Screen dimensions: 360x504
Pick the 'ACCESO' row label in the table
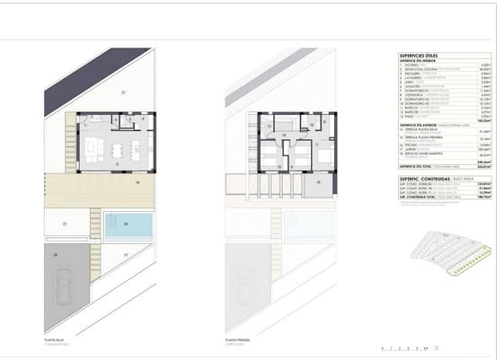[409, 65]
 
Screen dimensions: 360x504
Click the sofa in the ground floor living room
[93, 147]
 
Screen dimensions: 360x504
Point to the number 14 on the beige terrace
[138, 182]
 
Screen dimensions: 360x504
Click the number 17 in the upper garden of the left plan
[121, 92]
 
